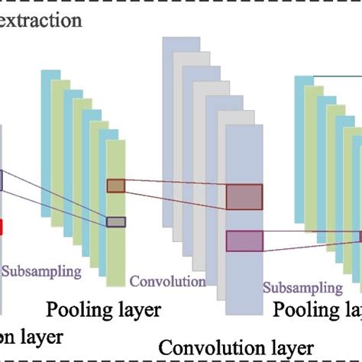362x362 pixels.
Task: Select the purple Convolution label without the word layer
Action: [x=167, y=281]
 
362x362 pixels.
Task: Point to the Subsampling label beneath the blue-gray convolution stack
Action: [x=303, y=288]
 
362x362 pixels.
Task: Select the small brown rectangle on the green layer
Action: [x=115, y=186]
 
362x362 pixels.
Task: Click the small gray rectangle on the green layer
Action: [x=115, y=222]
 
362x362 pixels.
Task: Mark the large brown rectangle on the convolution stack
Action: [x=244, y=197]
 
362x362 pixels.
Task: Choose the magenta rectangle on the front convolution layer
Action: [x=244, y=241]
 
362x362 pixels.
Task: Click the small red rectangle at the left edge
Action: [x=2, y=227]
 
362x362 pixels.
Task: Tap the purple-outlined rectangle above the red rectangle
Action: [x=2, y=180]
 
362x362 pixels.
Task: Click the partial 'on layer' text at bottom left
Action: [x=31, y=336]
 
